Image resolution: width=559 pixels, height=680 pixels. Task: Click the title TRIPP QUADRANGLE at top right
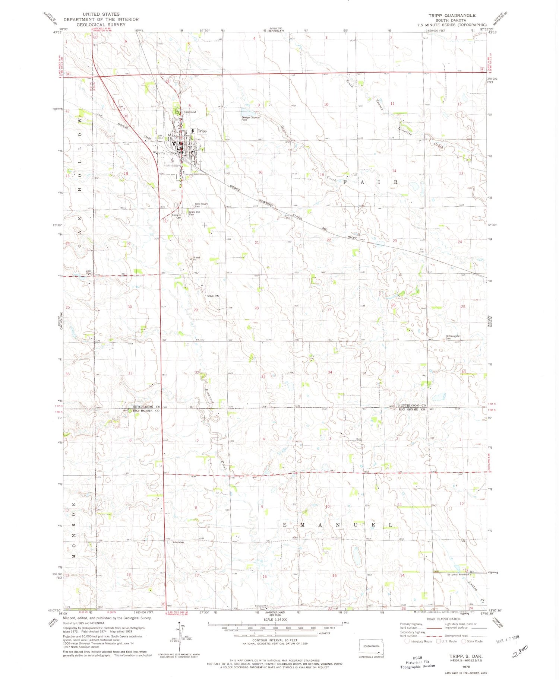(x=452, y=15)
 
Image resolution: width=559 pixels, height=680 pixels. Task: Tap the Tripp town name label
(x=202, y=131)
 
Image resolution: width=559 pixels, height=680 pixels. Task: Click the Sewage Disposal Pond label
(x=250, y=118)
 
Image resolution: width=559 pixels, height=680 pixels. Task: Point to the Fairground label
(x=189, y=112)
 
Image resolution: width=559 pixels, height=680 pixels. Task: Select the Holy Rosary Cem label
(x=201, y=205)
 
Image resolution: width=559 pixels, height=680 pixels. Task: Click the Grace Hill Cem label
(x=194, y=213)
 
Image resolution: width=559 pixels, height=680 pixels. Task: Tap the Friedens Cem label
(x=177, y=216)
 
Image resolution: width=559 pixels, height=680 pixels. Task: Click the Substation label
(x=178, y=542)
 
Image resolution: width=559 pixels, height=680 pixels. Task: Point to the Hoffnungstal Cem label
(x=452, y=337)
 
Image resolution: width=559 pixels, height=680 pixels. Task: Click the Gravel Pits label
(x=213, y=296)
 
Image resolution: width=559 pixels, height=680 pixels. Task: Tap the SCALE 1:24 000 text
(x=275, y=619)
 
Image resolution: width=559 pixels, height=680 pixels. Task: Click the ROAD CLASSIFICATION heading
(x=443, y=619)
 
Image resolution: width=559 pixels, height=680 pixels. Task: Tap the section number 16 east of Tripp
(x=260, y=172)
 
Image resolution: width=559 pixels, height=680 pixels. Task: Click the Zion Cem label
(x=88, y=272)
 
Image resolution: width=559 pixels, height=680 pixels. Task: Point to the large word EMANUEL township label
(x=337, y=525)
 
